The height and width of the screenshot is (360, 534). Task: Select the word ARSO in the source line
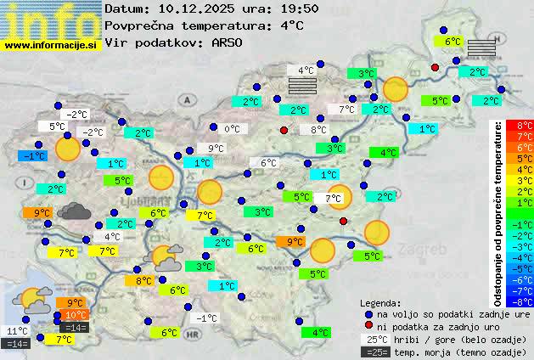[230, 42]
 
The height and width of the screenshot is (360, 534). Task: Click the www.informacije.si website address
[51, 45]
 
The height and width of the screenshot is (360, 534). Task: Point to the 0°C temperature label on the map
[232, 129]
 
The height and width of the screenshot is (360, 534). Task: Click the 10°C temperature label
[76, 315]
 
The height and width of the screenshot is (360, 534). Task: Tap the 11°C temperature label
[17, 331]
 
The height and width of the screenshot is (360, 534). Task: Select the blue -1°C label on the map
[33, 156]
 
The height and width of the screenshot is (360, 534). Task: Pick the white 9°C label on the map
[216, 149]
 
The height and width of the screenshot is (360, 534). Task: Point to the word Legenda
[380, 303]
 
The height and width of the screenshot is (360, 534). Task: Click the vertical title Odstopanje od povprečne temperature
[498, 213]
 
